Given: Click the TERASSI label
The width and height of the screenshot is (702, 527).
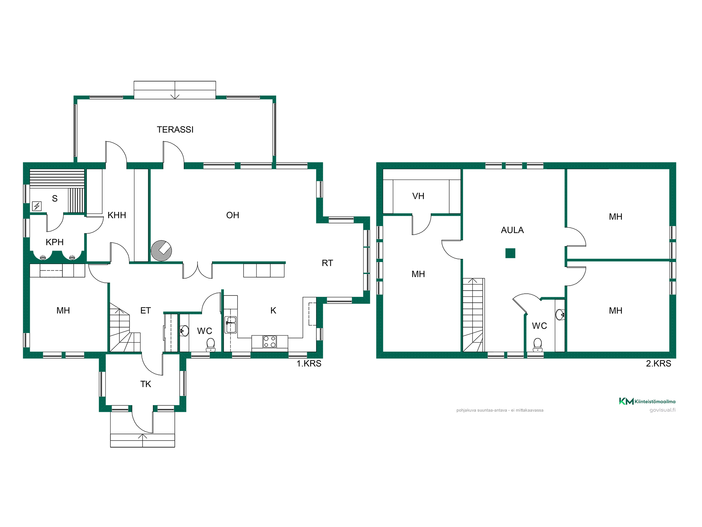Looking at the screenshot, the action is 175,130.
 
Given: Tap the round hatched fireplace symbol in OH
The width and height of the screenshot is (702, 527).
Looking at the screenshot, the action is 161,251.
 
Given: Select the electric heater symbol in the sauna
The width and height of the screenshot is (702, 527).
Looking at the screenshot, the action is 37,206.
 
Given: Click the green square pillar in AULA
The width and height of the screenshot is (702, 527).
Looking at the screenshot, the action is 510,253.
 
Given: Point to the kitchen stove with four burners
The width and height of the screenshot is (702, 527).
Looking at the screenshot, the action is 270,342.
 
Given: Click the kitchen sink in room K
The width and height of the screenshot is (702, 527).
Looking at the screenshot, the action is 231,325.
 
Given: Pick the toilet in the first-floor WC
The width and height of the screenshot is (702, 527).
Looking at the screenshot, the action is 211,345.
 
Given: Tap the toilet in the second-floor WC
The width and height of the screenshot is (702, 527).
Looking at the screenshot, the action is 538,345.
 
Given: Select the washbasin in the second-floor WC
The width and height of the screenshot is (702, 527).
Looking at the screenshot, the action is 560,314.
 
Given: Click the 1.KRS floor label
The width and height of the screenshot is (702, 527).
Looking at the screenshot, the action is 309,364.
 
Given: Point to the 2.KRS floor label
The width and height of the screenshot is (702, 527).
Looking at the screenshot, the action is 658,364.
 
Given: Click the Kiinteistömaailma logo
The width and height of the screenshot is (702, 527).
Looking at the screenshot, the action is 647,401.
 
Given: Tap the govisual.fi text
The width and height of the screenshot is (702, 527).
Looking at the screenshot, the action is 662,410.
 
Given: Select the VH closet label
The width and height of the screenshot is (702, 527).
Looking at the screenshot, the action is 418,196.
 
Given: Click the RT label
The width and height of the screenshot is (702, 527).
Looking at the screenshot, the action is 327,263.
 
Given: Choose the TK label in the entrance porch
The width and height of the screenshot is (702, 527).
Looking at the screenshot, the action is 146,384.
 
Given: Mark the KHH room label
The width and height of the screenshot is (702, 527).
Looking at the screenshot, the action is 117,215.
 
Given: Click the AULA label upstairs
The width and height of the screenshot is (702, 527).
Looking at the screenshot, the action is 512,230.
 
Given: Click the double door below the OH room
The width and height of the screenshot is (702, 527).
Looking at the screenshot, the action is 198,271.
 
